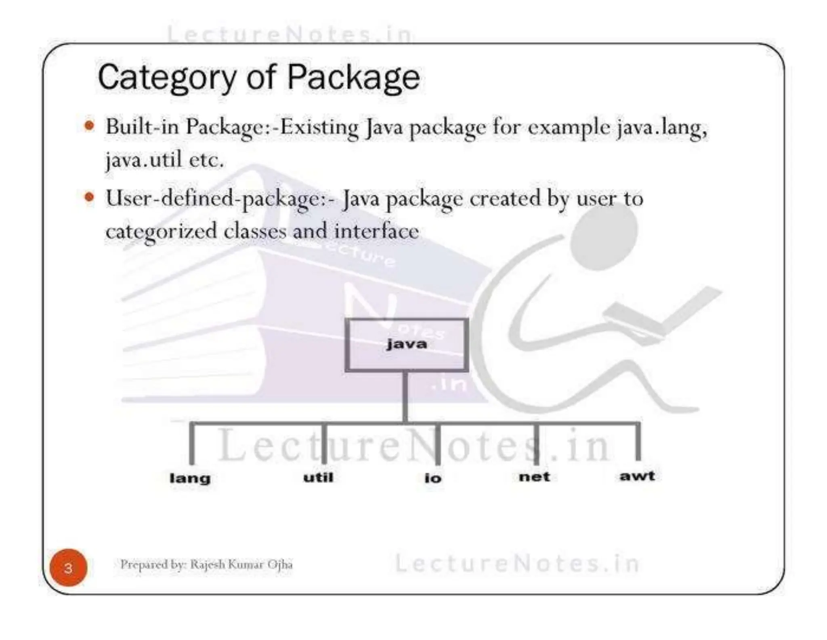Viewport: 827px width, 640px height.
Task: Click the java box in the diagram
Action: tap(407, 345)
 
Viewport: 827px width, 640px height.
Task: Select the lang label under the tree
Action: tap(190, 478)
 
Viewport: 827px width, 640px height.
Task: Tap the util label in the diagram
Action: tap(318, 477)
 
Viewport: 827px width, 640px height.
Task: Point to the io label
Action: tap(433, 478)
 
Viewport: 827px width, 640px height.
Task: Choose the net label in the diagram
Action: tap(534, 477)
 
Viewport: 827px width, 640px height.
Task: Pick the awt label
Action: tap(637, 476)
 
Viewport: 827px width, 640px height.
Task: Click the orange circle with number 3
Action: tap(68, 568)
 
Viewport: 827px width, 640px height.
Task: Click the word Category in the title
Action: tap(167, 78)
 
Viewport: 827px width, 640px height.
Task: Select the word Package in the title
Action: tap(353, 78)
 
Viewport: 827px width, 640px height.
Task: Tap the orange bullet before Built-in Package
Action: tap(89, 126)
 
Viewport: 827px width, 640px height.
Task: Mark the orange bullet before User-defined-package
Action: tap(89, 198)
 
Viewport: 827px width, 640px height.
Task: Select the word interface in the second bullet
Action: tap(376, 232)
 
